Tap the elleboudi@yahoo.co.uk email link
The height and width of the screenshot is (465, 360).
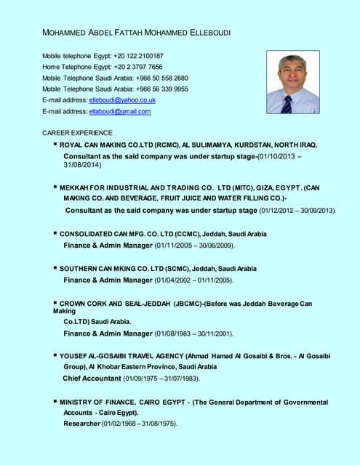point(122,100)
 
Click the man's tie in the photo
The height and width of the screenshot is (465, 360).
point(287,104)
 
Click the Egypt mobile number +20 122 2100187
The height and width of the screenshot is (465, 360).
point(138,56)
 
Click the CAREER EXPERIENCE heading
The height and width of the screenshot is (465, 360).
point(77,133)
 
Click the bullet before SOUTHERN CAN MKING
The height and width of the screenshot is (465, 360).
point(55,268)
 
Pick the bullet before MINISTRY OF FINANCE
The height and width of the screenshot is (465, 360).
point(55,401)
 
